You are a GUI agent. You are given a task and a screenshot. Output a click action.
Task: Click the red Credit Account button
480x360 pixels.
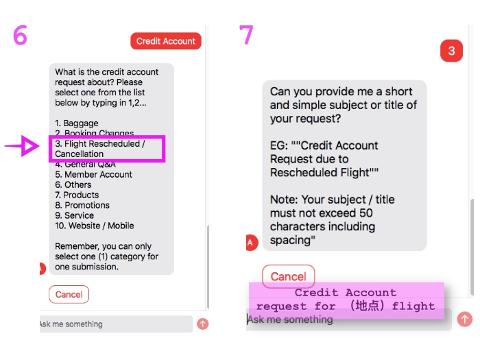coord(166,41)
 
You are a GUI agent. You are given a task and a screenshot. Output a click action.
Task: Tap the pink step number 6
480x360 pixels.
coord(20,35)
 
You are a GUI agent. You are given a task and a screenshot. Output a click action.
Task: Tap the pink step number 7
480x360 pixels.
coord(246,35)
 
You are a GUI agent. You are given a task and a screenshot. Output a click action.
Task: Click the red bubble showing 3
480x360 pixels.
coord(451,51)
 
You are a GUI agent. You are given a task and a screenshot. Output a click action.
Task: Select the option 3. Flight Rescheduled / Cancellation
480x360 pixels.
coord(107,149)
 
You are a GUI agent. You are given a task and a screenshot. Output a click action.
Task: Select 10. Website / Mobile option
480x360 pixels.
coord(95,226)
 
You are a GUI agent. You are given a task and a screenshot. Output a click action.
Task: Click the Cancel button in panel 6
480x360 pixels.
coord(69,294)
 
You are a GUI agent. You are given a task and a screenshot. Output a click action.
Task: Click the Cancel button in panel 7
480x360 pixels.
coord(288,276)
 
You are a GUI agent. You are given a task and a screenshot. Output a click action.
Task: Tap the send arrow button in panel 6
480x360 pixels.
coord(202,324)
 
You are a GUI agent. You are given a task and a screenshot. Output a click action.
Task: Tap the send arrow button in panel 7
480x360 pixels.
coord(464,319)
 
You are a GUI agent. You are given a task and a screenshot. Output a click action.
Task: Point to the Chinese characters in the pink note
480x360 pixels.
coord(363,306)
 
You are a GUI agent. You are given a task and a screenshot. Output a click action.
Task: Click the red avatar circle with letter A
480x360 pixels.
coord(251,242)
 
